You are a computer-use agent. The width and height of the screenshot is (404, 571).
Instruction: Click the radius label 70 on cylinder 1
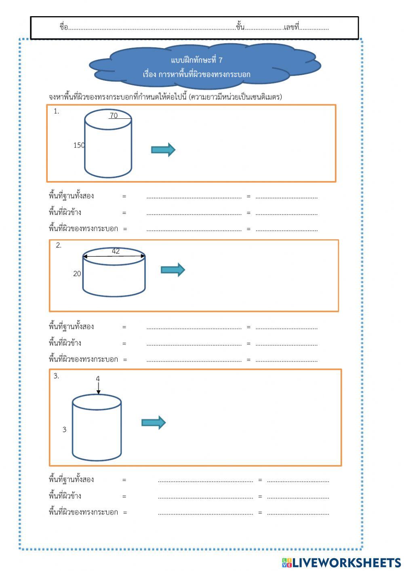click(x=114, y=116)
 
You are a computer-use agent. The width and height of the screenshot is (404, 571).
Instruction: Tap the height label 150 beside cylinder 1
click(x=79, y=145)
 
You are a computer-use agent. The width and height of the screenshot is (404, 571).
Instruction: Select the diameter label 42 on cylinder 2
click(x=116, y=251)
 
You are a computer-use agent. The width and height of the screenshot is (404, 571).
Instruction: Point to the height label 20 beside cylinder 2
click(x=77, y=274)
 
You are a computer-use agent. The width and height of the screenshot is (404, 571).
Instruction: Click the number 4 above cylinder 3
click(x=98, y=379)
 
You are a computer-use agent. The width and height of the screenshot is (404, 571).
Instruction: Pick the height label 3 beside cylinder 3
click(x=64, y=430)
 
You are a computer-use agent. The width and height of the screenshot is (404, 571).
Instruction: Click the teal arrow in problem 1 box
click(x=163, y=150)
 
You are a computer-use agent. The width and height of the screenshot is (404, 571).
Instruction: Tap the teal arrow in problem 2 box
click(x=173, y=270)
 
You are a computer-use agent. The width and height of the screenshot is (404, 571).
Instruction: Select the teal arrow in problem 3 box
click(x=154, y=423)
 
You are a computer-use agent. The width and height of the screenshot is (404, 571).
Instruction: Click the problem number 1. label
click(x=56, y=112)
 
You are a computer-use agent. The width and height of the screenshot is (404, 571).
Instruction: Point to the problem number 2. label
click(x=59, y=245)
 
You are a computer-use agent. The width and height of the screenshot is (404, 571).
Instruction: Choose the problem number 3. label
click(x=56, y=376)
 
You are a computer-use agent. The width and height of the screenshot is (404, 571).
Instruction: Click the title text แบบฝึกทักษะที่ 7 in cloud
click(x=197, y=60)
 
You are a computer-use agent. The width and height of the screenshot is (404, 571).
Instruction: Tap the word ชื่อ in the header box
click(x=63, y=27)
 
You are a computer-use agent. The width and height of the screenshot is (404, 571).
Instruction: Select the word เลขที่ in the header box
click(x=291, y=27)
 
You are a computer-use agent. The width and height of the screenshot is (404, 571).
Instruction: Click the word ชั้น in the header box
click(x=240, y=27)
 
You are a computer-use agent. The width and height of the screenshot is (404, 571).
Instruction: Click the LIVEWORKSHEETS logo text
click(x=346, y=563)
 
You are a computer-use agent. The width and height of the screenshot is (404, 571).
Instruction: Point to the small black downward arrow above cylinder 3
click(x=98, y=389)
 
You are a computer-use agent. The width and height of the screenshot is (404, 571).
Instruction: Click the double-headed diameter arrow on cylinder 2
click(x=114, y=256)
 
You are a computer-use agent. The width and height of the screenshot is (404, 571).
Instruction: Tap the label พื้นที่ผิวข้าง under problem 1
click(x=65, y=213)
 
